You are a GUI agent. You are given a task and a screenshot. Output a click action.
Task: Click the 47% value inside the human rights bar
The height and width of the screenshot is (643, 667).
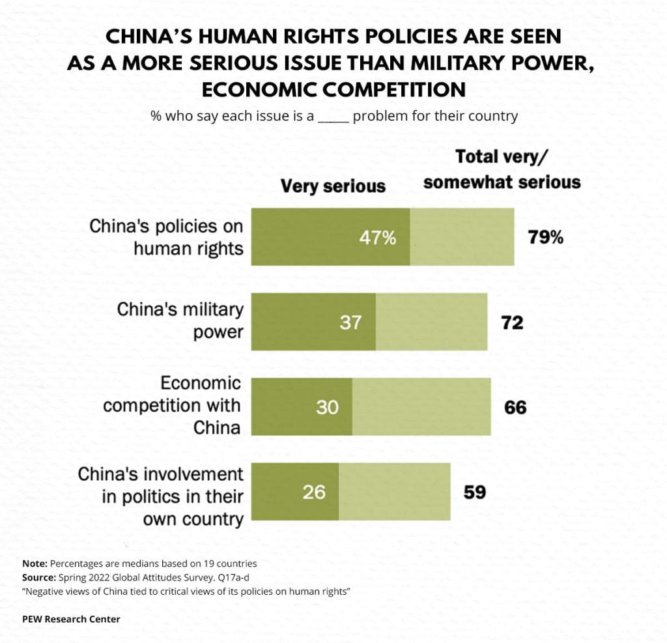pos(378,238)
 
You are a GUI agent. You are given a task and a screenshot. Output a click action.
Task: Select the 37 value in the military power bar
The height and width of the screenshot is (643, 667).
pos(350,322)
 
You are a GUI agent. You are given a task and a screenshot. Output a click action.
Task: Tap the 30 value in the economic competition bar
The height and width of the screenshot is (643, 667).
pos(328,407)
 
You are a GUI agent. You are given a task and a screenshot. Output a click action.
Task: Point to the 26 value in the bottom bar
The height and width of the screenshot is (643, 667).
pos(314,492)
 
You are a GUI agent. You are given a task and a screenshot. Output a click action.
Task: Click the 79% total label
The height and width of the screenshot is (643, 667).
pos(545,237)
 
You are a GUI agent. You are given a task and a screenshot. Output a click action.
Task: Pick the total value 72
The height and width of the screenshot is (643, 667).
pos(513,322)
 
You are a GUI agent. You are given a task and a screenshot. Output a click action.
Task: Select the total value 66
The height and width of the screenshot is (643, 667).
pos(515,407)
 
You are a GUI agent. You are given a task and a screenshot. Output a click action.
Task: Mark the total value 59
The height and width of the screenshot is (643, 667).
pos(475,492)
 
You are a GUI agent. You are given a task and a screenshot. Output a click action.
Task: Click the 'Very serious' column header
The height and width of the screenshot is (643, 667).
pos(333,186)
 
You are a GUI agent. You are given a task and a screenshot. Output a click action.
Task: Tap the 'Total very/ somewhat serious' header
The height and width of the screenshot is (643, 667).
pos(502,169)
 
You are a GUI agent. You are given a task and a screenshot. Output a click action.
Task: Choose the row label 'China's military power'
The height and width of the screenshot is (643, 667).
pos(180,321)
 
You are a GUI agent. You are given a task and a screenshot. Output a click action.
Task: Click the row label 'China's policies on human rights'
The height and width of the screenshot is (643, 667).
pos(166,237)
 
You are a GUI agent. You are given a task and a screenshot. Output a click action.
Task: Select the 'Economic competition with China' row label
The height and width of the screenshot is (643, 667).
pos(172,405)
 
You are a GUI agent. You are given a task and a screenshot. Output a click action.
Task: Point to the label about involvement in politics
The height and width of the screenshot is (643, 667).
pos(160,496)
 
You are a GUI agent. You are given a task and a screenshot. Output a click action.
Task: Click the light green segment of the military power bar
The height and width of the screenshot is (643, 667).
pos(431,322)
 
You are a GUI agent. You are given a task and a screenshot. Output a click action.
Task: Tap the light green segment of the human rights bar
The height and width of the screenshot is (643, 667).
pos(462,237)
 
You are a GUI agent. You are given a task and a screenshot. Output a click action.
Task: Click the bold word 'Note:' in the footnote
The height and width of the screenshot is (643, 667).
pos(35,563)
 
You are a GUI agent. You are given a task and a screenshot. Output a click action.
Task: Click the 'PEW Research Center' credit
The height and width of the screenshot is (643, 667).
pos(71,619)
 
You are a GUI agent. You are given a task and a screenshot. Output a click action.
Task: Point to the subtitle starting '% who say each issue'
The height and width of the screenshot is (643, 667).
pos(333,117)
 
